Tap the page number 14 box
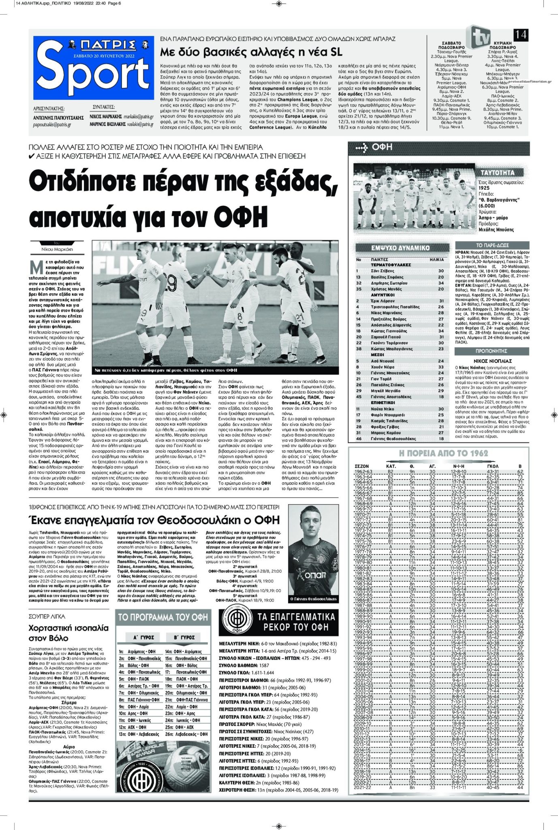click(x=520, y=35)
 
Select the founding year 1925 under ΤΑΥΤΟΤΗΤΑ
click(x=484, y=188)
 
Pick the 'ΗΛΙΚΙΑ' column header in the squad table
click(x=436, y=259)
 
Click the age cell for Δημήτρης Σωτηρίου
click(x=440, y=283)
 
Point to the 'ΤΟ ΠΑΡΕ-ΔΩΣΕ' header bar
click(x=492, y=245)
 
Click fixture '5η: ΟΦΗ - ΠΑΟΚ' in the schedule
click(x=134, y=679)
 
